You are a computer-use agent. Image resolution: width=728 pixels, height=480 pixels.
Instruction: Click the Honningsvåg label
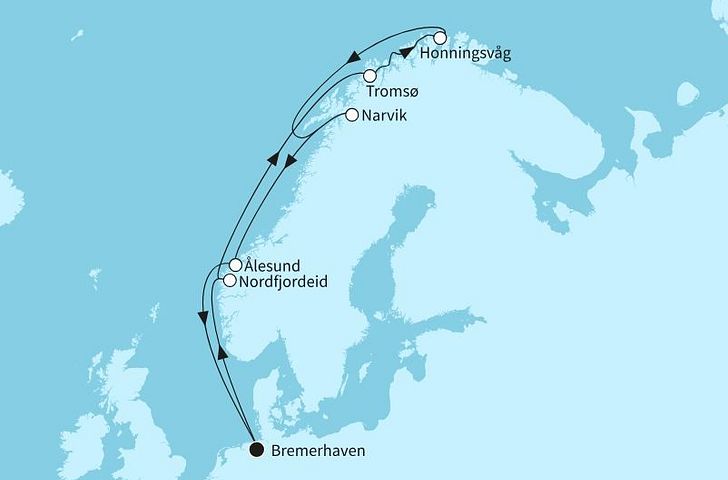pos(466,54)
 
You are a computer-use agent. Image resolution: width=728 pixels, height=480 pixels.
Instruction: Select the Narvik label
pos(385,116)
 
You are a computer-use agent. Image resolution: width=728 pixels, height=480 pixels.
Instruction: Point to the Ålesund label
pos(274,266)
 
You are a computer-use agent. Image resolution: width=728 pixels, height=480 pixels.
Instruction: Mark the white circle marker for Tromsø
pos(370,76)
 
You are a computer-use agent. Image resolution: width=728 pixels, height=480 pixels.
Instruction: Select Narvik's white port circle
pos(351,116)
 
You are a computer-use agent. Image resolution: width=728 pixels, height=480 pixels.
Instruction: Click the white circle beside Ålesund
pos(235,266)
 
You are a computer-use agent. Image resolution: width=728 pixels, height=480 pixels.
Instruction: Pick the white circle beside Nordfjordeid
pos(229,281)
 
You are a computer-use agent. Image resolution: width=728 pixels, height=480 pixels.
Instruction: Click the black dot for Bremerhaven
pos(256,450)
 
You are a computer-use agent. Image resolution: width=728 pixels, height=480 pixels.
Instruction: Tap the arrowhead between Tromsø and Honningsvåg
pos(406,52)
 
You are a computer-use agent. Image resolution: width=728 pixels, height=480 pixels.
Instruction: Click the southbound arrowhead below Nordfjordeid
pos(205,317)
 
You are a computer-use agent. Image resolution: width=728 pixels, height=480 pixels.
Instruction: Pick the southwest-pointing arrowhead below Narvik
pos(287,160)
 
